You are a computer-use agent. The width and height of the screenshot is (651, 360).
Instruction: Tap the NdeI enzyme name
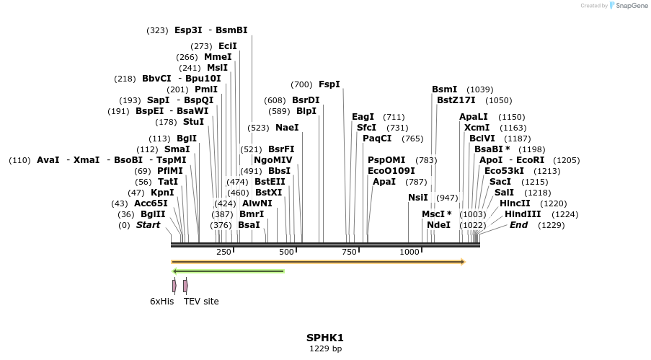(x=438, y=225)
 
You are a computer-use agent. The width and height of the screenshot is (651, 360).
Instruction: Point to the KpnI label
(x=161, y=193)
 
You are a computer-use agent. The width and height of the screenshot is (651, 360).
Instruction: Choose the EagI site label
(x=363, y=117)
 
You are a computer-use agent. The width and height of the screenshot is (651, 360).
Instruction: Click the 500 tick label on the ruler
(x=286, y=252)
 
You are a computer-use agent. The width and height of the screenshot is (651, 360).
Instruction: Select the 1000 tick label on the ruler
(x=409, y=252)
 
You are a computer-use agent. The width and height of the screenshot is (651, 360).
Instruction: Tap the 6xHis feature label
(x=161, y=302)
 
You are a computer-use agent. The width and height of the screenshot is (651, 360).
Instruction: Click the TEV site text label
(x=201, y=302)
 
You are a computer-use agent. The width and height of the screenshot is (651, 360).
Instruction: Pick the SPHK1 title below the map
(x=325, y=338)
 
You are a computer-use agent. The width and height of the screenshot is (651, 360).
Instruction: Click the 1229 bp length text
(x=325, y=349)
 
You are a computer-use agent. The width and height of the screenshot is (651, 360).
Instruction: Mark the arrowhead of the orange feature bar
(x=463, y=262)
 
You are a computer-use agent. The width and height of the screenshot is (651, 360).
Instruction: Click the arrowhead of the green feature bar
(x=175, y=271)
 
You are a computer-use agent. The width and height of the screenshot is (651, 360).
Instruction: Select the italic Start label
(x=148, y=225)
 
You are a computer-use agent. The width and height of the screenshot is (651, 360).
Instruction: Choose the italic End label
(x=518, y=225)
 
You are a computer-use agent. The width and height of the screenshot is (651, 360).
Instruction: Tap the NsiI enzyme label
(x=417, y=197)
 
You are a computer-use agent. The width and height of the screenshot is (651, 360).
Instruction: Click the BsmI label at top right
(x=444, y=89)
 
